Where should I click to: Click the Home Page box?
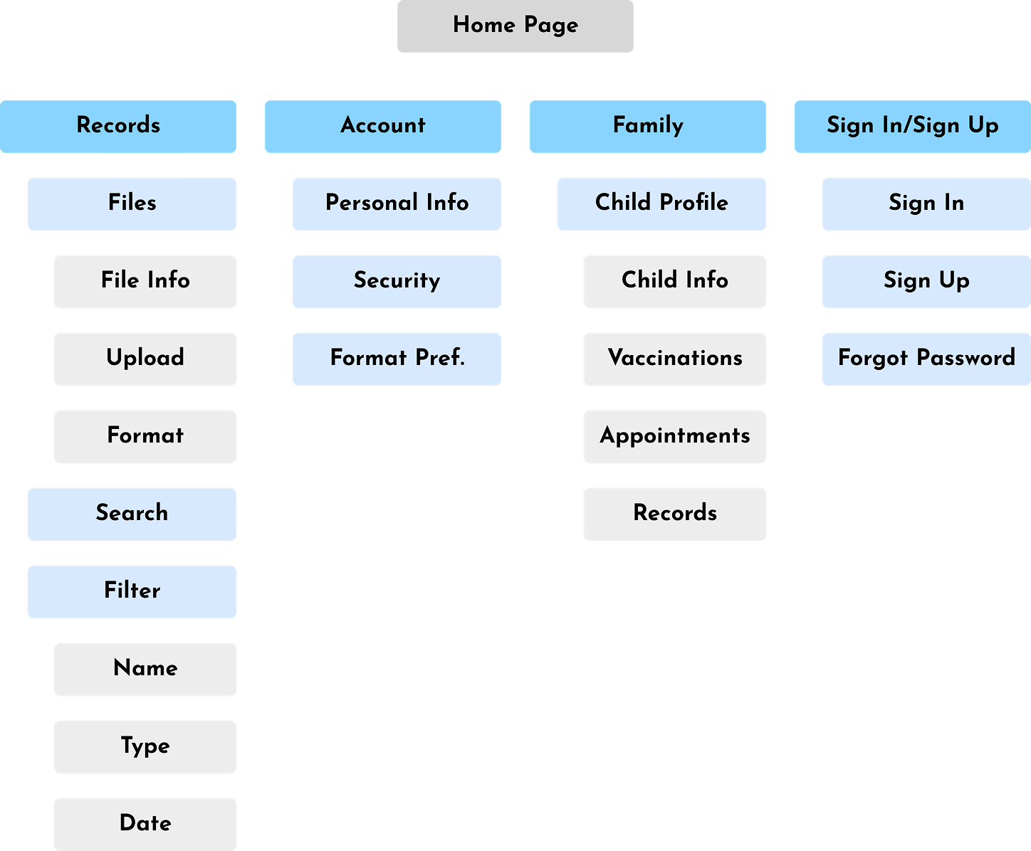(515, 26)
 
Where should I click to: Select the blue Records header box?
(118, 127)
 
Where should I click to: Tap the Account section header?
(383, 127)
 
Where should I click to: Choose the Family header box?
(648, 127)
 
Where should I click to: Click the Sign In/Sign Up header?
(912, 127)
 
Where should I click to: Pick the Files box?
(132, 204)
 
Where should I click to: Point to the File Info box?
(145, 282)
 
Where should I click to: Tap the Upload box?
(145, 359)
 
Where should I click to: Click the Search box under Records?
(132, 514)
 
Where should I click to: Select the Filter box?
(132, 592)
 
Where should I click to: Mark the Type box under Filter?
(145, 747)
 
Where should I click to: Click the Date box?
(145, 824)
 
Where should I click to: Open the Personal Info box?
(397, 204)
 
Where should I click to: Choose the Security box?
(397, 282)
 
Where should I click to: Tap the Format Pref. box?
(397, 359)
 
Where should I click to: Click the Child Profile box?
(661, 204)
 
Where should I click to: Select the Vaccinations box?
(675, 359)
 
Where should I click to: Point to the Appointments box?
(675, 437)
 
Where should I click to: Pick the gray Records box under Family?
(675, 514)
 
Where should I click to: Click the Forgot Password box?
(926, 359)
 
